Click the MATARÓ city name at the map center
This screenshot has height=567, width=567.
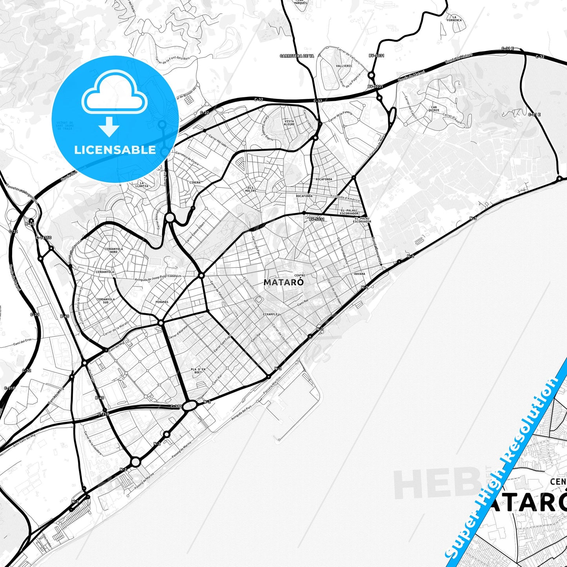(283, 282)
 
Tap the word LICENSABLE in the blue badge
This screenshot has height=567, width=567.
(115, 150)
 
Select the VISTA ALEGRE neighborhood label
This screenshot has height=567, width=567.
(289, 123)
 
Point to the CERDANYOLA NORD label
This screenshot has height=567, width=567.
(114, 250)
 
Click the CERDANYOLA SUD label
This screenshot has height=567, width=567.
(106, 301)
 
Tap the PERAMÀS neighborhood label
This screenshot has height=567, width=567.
(162, 302)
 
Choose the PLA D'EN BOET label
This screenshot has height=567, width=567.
(198, 371)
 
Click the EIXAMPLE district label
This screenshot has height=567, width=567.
(271, 314)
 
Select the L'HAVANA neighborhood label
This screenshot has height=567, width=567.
(358, 274)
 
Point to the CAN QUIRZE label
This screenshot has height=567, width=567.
(434, 109)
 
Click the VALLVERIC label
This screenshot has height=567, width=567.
(344, 66)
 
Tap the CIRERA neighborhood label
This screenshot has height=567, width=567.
(195, 182)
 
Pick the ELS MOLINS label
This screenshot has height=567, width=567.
(250, 189)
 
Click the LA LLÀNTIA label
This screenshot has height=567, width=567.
(142, 184)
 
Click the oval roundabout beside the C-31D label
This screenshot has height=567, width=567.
(190, 406)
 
